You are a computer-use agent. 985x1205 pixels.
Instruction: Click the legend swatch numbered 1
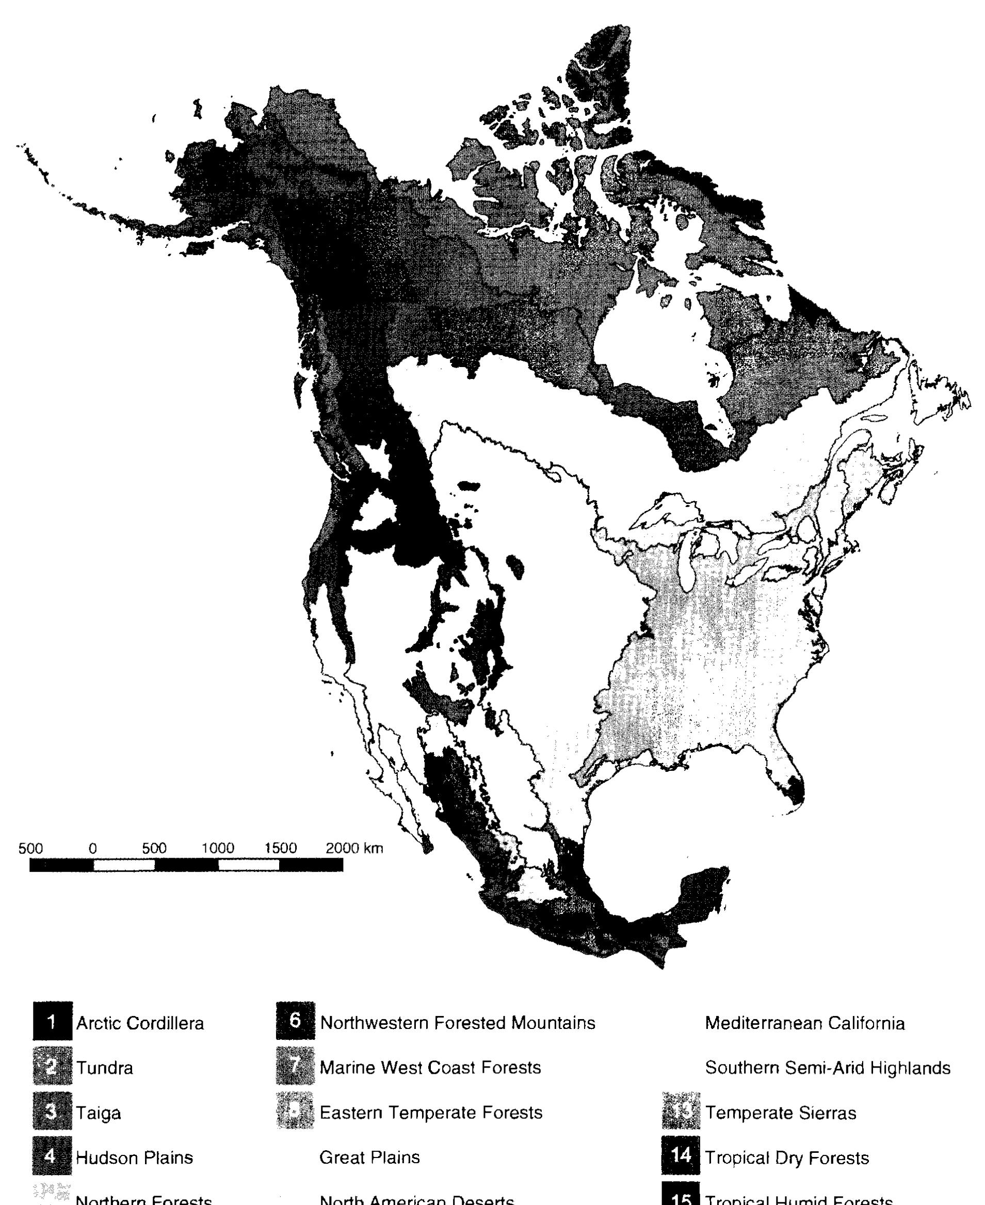[x=52, y=1022]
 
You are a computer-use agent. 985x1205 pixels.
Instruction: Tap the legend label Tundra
[x=104, y=1068]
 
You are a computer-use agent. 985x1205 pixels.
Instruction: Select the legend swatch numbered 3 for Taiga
[x=52, y=1112]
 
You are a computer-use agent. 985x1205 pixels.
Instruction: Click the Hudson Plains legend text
[x=135, y=1158]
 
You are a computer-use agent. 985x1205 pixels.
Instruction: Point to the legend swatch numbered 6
[x=295, y=1021]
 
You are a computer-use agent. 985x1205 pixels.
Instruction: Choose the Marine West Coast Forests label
[x=430, y=1067]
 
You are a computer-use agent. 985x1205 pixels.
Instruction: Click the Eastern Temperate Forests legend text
[x=431, y=1112]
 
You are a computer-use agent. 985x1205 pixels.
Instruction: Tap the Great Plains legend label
[x=369, y=1158]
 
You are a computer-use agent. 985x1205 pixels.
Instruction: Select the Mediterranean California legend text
[x=804, y=1023]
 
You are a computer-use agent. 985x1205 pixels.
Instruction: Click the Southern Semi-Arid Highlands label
[x=827, y=1068]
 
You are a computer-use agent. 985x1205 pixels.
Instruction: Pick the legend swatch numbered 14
[x=680, y=1155]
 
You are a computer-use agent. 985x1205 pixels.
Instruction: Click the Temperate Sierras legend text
[x=780, y=1113]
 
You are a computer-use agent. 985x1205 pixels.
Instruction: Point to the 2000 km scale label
[x=354, y=848]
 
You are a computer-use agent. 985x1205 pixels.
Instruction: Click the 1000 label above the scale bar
[x=218, y=848]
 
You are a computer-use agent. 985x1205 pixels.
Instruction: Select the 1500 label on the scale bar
[x=280, y=848]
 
